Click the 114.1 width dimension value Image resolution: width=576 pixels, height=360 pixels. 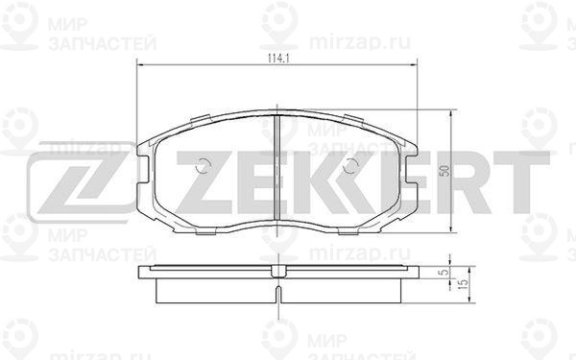(x=278, y=59)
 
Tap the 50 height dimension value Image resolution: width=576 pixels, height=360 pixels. (x=444, y=171)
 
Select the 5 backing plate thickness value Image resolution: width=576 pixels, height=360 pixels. (x=444, y=273)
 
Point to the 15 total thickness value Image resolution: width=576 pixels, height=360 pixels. (x=464, y=284)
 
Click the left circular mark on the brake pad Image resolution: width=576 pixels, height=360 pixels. (x=202, y=166)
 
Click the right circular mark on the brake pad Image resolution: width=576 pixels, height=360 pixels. (x=350, y=166)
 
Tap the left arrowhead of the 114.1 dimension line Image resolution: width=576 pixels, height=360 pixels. (x=139, y=64)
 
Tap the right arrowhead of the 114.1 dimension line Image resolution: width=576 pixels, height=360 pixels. (x=414, y=64)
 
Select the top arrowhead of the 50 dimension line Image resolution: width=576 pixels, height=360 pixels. (x=451, y=112)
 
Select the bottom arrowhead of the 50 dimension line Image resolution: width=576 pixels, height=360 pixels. (x=451, y=229)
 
